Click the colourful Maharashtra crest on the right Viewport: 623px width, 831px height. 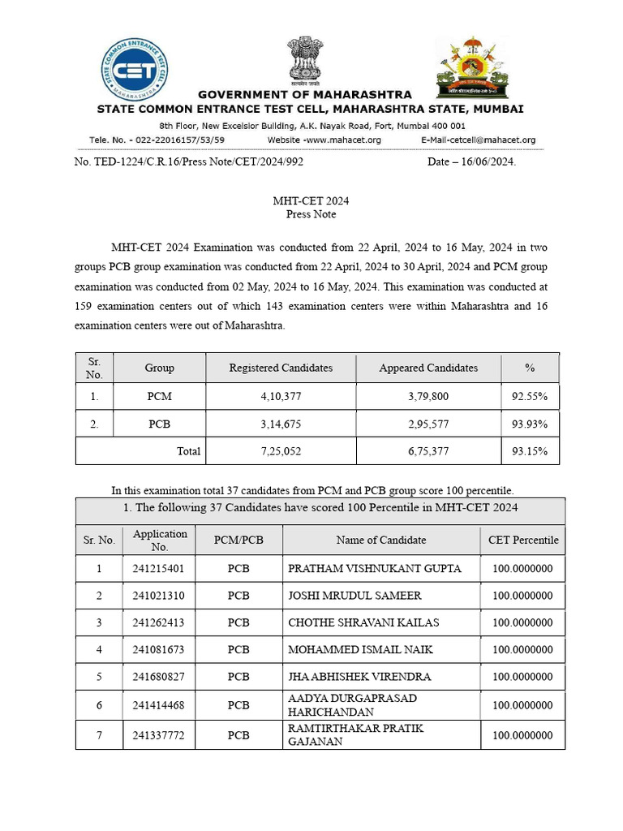pyautogui.click(x=474, y=66)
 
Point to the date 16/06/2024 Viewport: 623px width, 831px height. pyautogui.click(x=471, y=162)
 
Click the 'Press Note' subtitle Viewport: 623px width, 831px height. pyautogui.click(x=311, y=214)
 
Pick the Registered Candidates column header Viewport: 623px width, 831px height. pyautogui.click(x=281, y=368)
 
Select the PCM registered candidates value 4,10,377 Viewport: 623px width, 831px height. pyautogui.click(x=281, y=397)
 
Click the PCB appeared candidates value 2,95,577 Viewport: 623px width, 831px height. pyautogui.click(x=428, y=424)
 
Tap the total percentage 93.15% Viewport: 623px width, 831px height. pyautogui.click(x=530, y=451)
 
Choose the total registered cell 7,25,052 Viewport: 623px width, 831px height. pyautogui.click(x=281, y=451)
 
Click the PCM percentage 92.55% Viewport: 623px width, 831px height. pyautogui.click(x=530, y=397)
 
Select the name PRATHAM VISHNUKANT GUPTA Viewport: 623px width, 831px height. pyautogui.click(x=375, y=569)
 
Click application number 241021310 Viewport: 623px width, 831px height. pyautogui.click(x=159, y=596)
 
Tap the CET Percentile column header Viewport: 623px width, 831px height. pyautogui.click(x=523, y=540)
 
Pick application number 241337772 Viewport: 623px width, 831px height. pyautogui.click(x=159, y=735)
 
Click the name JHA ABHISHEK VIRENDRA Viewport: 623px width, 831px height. pyautogui.click(x=359, y=676)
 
